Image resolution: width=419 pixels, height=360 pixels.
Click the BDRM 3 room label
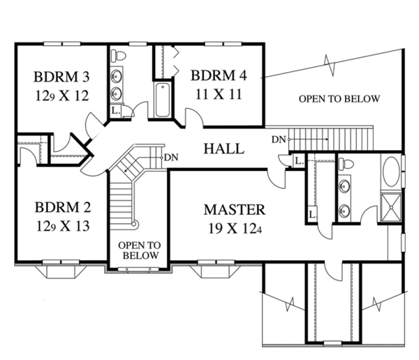click(x=61, y=77)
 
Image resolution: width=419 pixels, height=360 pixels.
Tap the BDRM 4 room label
click(x=219, y=75)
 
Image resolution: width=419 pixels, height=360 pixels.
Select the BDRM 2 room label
click(x=63, y=207)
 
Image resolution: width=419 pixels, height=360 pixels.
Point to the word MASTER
click(x=235, y=209)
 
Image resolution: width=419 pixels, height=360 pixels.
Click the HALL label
click(x=224, y=149)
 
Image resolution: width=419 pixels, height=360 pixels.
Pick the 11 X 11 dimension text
click(x=219, y=94)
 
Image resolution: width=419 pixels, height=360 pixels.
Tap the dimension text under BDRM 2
click(x=63, y=226)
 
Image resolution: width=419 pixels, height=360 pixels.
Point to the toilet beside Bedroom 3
click(x=119, y=55)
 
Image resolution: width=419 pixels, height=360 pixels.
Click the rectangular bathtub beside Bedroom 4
click(x=163, y=100)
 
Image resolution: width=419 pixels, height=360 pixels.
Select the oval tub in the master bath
click(x=391, y=172)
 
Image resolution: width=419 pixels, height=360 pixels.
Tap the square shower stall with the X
click(x=391, y=207)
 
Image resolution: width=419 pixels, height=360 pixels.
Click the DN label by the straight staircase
click(x=279, y=140)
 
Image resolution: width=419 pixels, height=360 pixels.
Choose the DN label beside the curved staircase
click(x=171, y=158)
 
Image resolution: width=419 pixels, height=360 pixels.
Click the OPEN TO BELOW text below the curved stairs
click(x=140, y=250)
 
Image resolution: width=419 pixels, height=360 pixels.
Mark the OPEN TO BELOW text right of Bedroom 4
click(x=339, y=99)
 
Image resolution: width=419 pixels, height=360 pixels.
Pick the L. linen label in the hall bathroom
click(x=115, y=110)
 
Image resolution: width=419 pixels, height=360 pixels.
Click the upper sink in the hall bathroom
click(x=117, y=76)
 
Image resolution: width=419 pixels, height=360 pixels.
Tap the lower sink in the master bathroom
click(x=344, y=209)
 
